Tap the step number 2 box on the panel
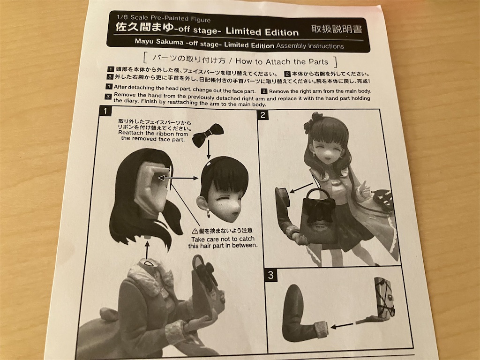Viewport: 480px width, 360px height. pos(264,115)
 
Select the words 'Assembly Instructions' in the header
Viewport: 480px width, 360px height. pos(310,46)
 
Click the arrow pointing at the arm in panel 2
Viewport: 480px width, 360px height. pos(300,187)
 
